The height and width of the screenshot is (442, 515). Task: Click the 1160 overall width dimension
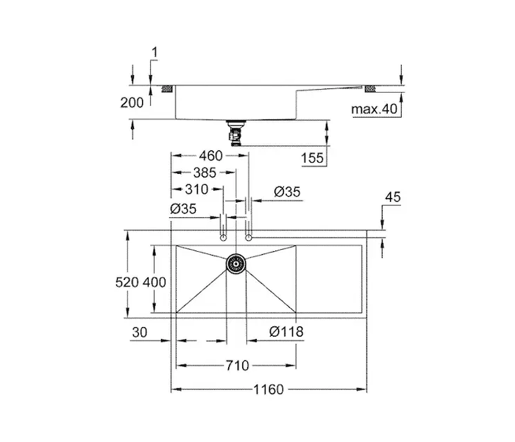269,390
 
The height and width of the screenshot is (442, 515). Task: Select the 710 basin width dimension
237,365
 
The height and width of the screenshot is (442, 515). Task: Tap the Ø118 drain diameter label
286,331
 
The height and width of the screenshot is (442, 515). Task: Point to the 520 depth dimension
127,282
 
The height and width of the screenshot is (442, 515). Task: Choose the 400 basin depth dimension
154,282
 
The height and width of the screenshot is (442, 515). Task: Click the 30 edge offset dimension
140,332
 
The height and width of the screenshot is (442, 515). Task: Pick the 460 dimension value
211,155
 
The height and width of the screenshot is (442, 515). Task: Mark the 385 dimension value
205,172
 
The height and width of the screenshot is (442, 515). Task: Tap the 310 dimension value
196,189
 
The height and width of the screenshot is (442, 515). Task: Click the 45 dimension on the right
393,197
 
